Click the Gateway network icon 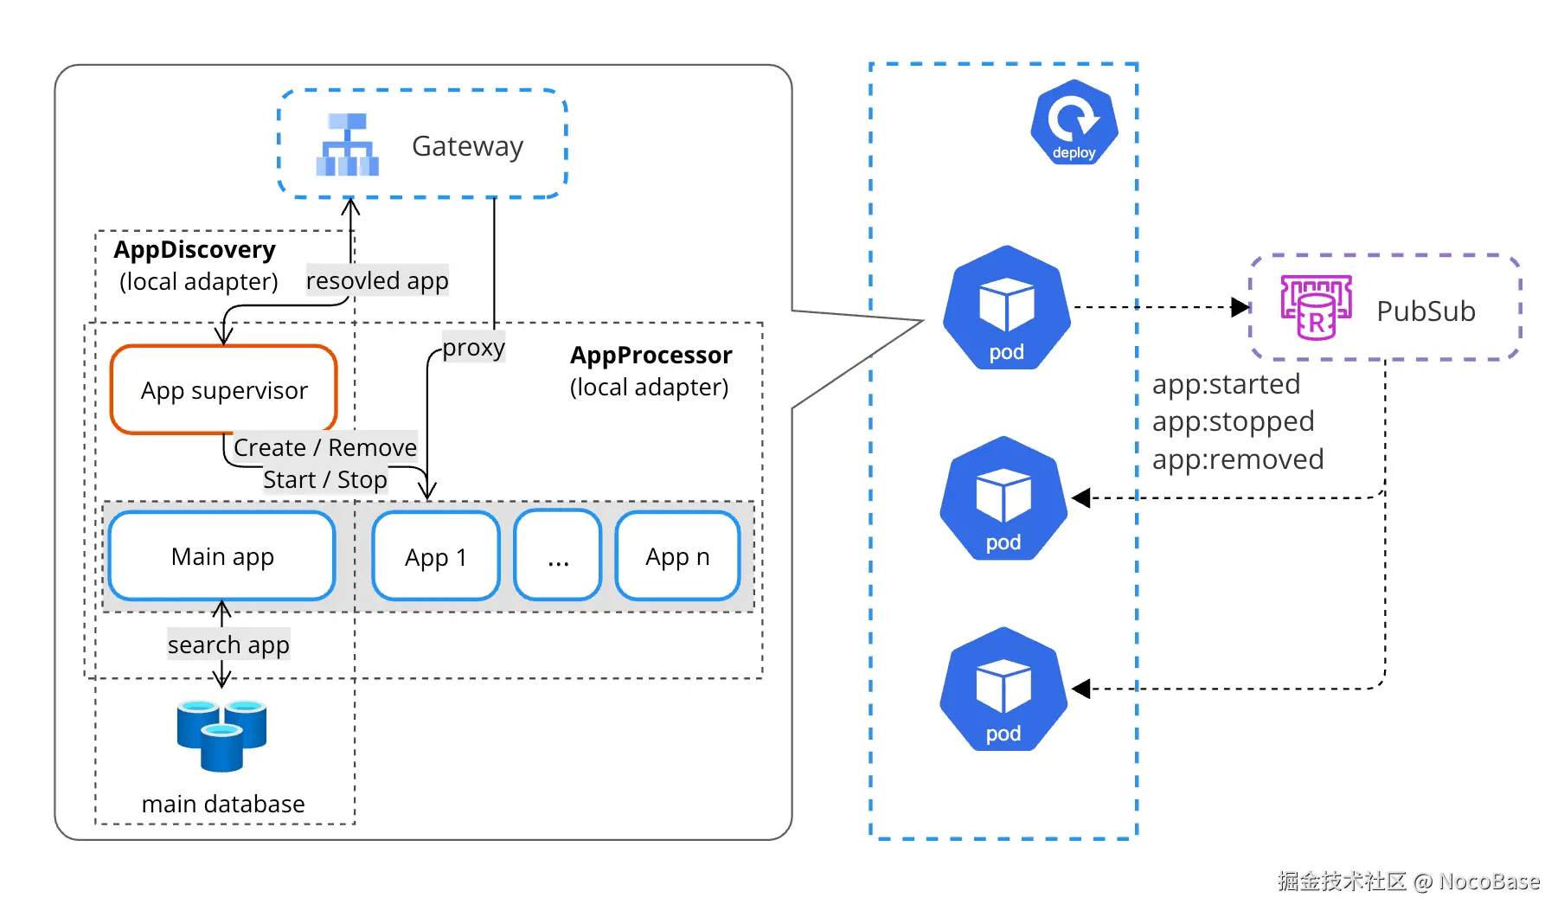tap(347, 144)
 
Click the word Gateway tap(467, 146)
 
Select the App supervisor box tap(224, 390)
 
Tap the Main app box tap(222, 556)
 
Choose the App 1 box tap(436, 556)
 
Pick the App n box tap(677, 556)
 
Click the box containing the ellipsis tap(558, 556)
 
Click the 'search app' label tap(228, 644)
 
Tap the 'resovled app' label tap(377, 280)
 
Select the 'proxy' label tap(473, 347)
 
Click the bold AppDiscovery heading tap(195, 250)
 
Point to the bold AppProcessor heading tap(651, 356)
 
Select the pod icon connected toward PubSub tap(1006, 308)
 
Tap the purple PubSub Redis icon tap(1316, 307)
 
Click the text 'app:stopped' tap(1233, 421)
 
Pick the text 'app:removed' tap(1238, 459)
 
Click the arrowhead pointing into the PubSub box tap(1240, 307)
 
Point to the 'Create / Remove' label tap(325, 447)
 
